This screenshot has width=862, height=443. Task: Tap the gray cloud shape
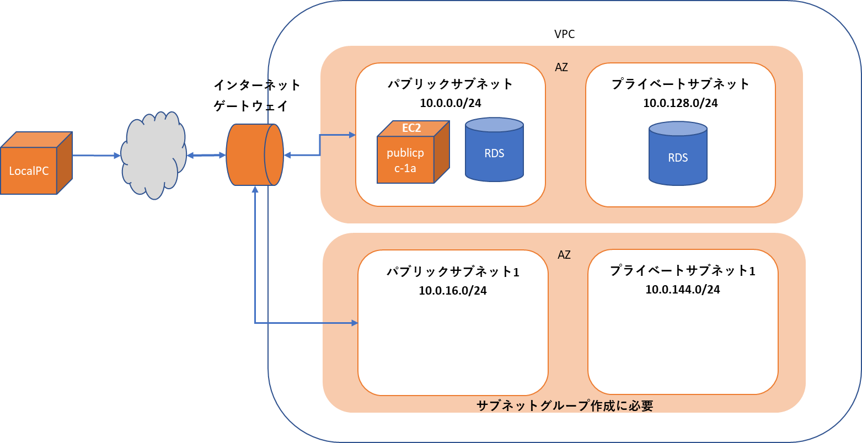(x=153, y=156)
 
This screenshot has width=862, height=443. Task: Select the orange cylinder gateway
(x=254, y=155)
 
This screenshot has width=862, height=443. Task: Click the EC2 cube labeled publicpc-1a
(x=406, y=159)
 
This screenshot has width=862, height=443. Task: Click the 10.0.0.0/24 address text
(x=450, y=103)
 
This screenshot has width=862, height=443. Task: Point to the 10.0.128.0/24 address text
(x=681, y=103)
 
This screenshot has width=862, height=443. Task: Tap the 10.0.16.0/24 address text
(x=452, y=291)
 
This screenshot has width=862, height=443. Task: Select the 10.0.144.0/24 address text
(x=683, y=289)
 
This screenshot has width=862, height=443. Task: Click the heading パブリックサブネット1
(x=452, y=272)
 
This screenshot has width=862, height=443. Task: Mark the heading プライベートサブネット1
(x=683, y=271)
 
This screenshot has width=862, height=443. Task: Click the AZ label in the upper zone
(x=561, y=68)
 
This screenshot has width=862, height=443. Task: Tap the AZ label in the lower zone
(x=564, y=255)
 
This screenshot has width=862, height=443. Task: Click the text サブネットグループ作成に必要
(x=564, y=406)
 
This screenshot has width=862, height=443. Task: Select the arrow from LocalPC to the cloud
(x=97, y=156)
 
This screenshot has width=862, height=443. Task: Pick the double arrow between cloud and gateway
(x=206, y=156)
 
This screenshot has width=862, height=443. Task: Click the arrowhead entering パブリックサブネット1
(x=355, y=323)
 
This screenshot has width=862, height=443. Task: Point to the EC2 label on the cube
(x=411, y=128)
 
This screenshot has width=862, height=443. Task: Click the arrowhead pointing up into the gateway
(x=255, y=190)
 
